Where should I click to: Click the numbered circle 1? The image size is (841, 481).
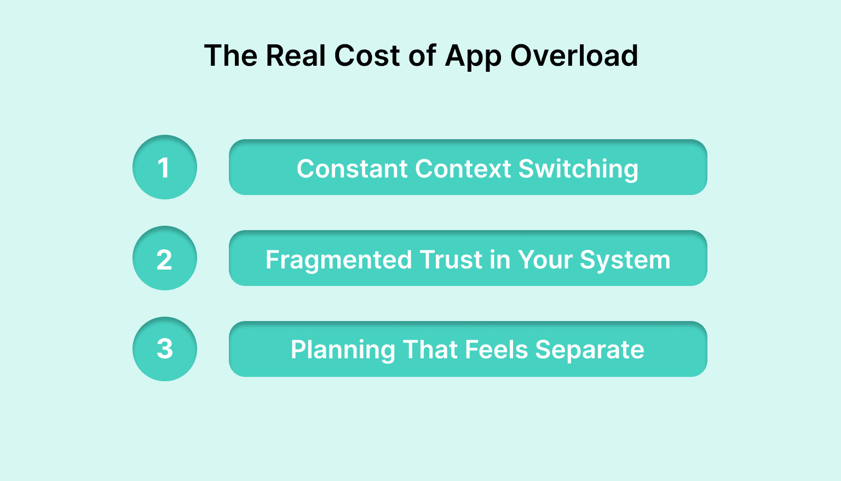point(164,167)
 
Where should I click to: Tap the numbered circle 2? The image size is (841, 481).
point(164,258)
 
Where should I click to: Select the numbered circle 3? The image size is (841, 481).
point(164,349)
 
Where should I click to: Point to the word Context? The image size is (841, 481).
point(463,169)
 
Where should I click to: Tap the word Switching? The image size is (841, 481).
point(578,169)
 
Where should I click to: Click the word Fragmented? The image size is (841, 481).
point(338,260)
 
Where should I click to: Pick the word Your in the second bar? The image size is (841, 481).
point(545,260)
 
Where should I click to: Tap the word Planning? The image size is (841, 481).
point(343,350)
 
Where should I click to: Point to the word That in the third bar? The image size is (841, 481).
point(430,350)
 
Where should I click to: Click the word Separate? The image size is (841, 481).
point(590,350)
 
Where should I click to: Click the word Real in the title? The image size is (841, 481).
point(296,56)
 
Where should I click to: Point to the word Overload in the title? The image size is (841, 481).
point(574,56)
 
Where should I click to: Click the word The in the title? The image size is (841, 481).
point(231,56)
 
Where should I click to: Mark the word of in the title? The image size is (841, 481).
point(422,56)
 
